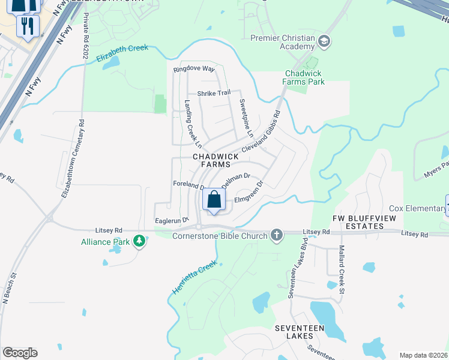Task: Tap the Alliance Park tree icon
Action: coord(139,241)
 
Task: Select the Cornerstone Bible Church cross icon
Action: coord(276,235)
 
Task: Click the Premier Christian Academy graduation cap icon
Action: coord(324,41)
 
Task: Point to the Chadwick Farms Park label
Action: coord(304,77)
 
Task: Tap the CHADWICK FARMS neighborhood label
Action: coord(211,160)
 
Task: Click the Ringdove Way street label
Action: coord(193,69)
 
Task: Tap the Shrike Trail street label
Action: coord(214,92)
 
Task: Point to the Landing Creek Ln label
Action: coord(192,123)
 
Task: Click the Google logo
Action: coord(20,353)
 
